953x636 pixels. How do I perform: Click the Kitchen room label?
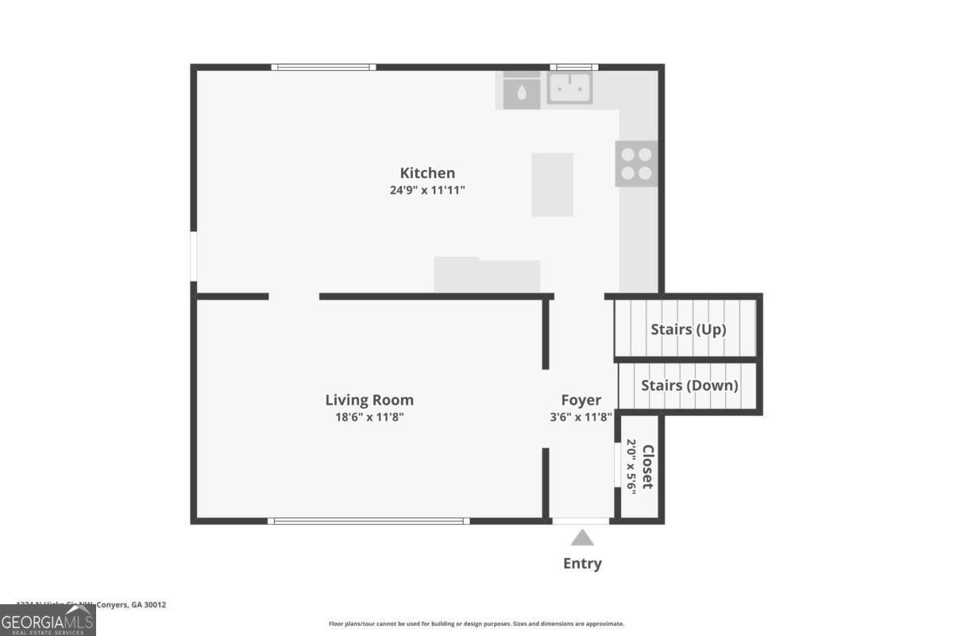pyautogui.click(x=427, y=173)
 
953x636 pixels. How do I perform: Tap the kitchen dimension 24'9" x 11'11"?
pyautogui.click(x=427, y=190)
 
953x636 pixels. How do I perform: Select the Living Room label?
pyautogui.click(x=369, y=400)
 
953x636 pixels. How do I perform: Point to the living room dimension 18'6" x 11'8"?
pyautogui.click(x=369, y=417)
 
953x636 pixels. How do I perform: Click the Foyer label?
pyautogui.click(x=581, y=400)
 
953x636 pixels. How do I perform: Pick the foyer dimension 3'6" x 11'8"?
pyautogui.click(x=581, y=417)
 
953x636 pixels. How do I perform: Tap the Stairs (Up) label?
pyautogui.click(x=689, y=328)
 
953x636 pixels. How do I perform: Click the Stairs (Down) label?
pyautogui.click(x=689, y=386)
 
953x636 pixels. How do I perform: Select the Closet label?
pyautogui.click(x=648, y=467)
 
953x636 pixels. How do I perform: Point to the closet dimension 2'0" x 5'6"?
pyautogui.click(x=632, y=467)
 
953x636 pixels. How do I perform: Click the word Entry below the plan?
pyautogui.click(x=582, y=564)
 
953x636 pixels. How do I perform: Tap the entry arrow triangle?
pyautogui.click(x=582, y=538)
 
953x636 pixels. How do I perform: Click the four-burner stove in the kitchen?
pyautogui.click(x=637, y=164)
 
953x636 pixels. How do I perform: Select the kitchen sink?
pyautogui.click(x=569, y=87)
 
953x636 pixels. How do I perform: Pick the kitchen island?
pyautogui.click(x=552, y=184)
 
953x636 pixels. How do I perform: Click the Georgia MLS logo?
pyautogui.click(x=48, y=620)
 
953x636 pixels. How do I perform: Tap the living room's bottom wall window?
pyautogui.click(x=368, y=522)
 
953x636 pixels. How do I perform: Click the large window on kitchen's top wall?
pyautogui.click(x=323, y=68)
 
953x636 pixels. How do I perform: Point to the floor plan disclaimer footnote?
pyautogui.click(x=476, y=624)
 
